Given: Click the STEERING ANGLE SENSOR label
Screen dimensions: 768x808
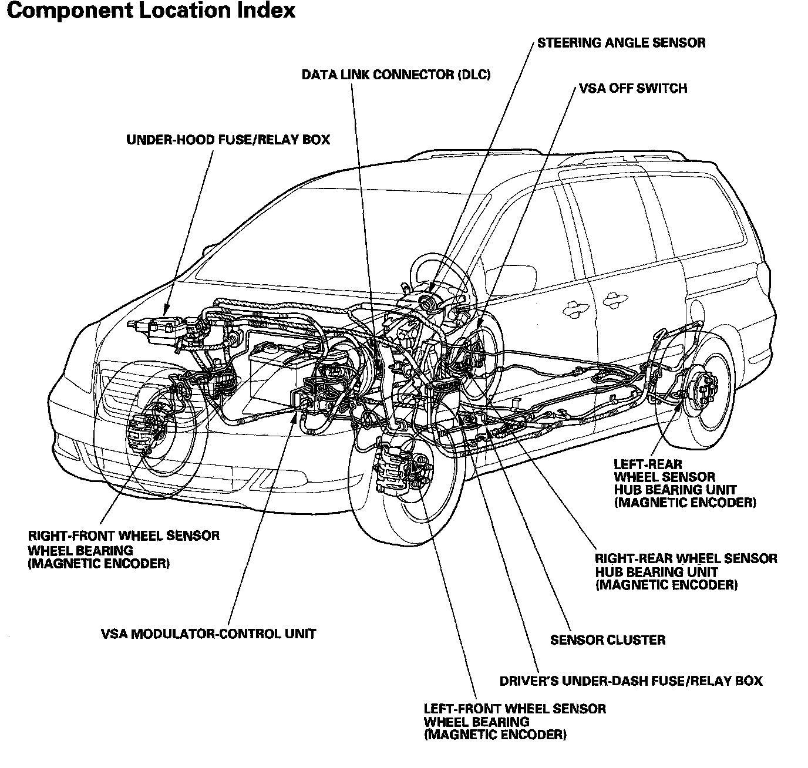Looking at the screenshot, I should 621,43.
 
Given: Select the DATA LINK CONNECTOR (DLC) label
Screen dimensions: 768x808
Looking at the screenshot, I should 396,75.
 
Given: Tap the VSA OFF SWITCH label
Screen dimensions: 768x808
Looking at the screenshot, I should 633,89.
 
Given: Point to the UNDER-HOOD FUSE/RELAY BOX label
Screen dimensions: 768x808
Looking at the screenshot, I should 228,140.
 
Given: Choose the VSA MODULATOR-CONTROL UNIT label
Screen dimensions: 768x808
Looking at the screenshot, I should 208,634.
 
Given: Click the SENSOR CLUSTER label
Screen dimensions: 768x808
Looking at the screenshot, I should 608,640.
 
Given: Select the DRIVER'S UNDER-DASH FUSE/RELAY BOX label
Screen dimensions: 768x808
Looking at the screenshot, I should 631,681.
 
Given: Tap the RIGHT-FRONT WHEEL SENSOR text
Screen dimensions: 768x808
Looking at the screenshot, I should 124,536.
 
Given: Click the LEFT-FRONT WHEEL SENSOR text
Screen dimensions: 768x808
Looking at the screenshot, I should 514,709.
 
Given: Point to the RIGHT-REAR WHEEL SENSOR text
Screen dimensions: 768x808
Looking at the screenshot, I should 686,558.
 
